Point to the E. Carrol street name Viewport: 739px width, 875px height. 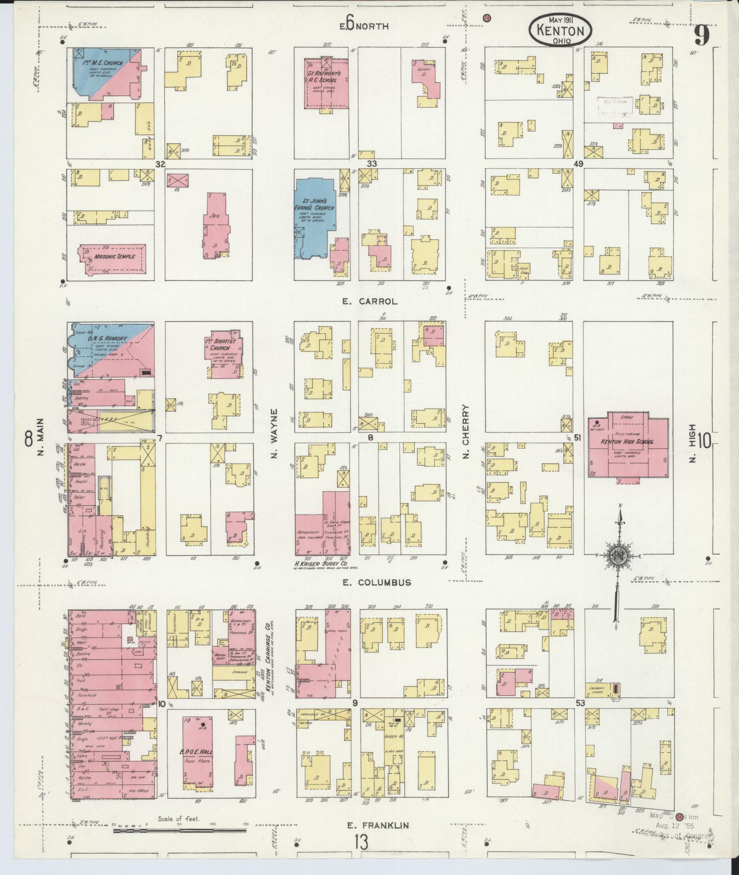370,301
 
